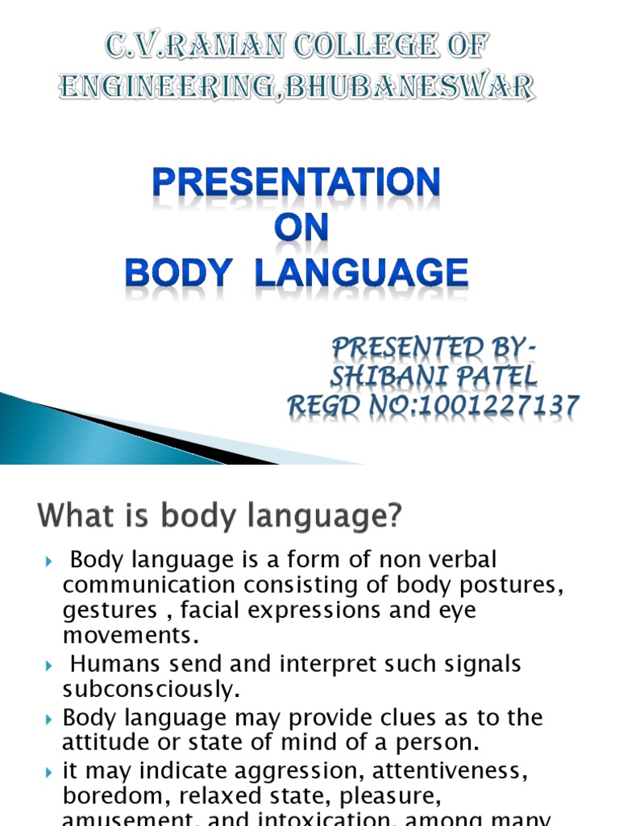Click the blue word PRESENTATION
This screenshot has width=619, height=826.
[x=296, y=184]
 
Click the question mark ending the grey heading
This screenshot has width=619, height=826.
[x=393, y=517]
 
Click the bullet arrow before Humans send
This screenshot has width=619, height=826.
[x=48, y=665]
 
